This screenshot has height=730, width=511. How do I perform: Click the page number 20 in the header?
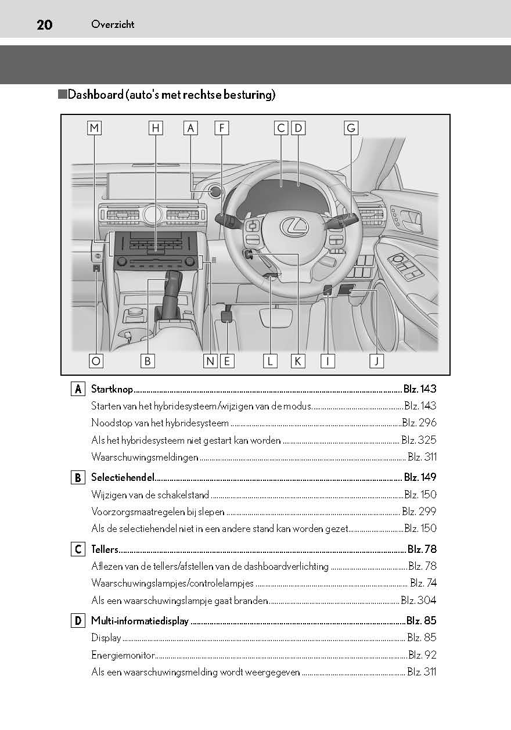44,24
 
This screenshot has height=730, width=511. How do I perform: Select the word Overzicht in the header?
113,24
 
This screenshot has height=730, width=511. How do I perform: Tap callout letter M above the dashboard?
95,128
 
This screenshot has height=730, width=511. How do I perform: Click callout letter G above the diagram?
350,128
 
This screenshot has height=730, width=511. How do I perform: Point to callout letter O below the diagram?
96,361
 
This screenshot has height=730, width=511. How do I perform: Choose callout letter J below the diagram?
376,361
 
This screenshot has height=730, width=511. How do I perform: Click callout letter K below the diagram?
298,361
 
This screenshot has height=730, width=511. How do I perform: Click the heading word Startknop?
112,389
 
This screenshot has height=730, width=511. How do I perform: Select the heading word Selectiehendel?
123,477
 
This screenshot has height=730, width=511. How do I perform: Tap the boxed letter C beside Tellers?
78,549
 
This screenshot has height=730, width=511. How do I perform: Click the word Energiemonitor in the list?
123,655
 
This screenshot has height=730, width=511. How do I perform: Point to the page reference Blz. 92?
422,655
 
